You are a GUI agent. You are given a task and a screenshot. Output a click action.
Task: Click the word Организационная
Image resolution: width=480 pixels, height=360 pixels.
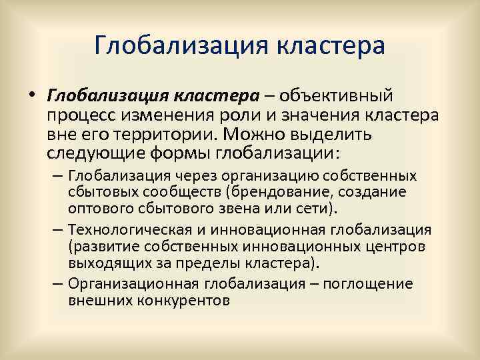tap(134, 283)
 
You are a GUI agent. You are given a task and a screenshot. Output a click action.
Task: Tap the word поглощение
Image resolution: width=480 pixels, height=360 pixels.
tap(374, 283)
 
